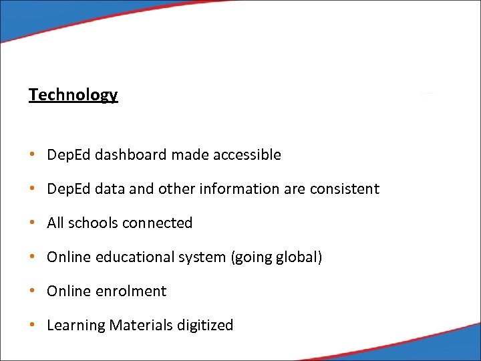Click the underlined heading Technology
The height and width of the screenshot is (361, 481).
tap(73, 95)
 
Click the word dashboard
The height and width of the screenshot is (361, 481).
tap(130, 155)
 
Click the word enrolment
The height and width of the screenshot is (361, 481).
tap(132, 291)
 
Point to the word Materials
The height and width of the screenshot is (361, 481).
tap(140, 326)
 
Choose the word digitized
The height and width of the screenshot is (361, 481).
tap(205, 326)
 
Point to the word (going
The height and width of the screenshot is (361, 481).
tap(251, 258)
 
